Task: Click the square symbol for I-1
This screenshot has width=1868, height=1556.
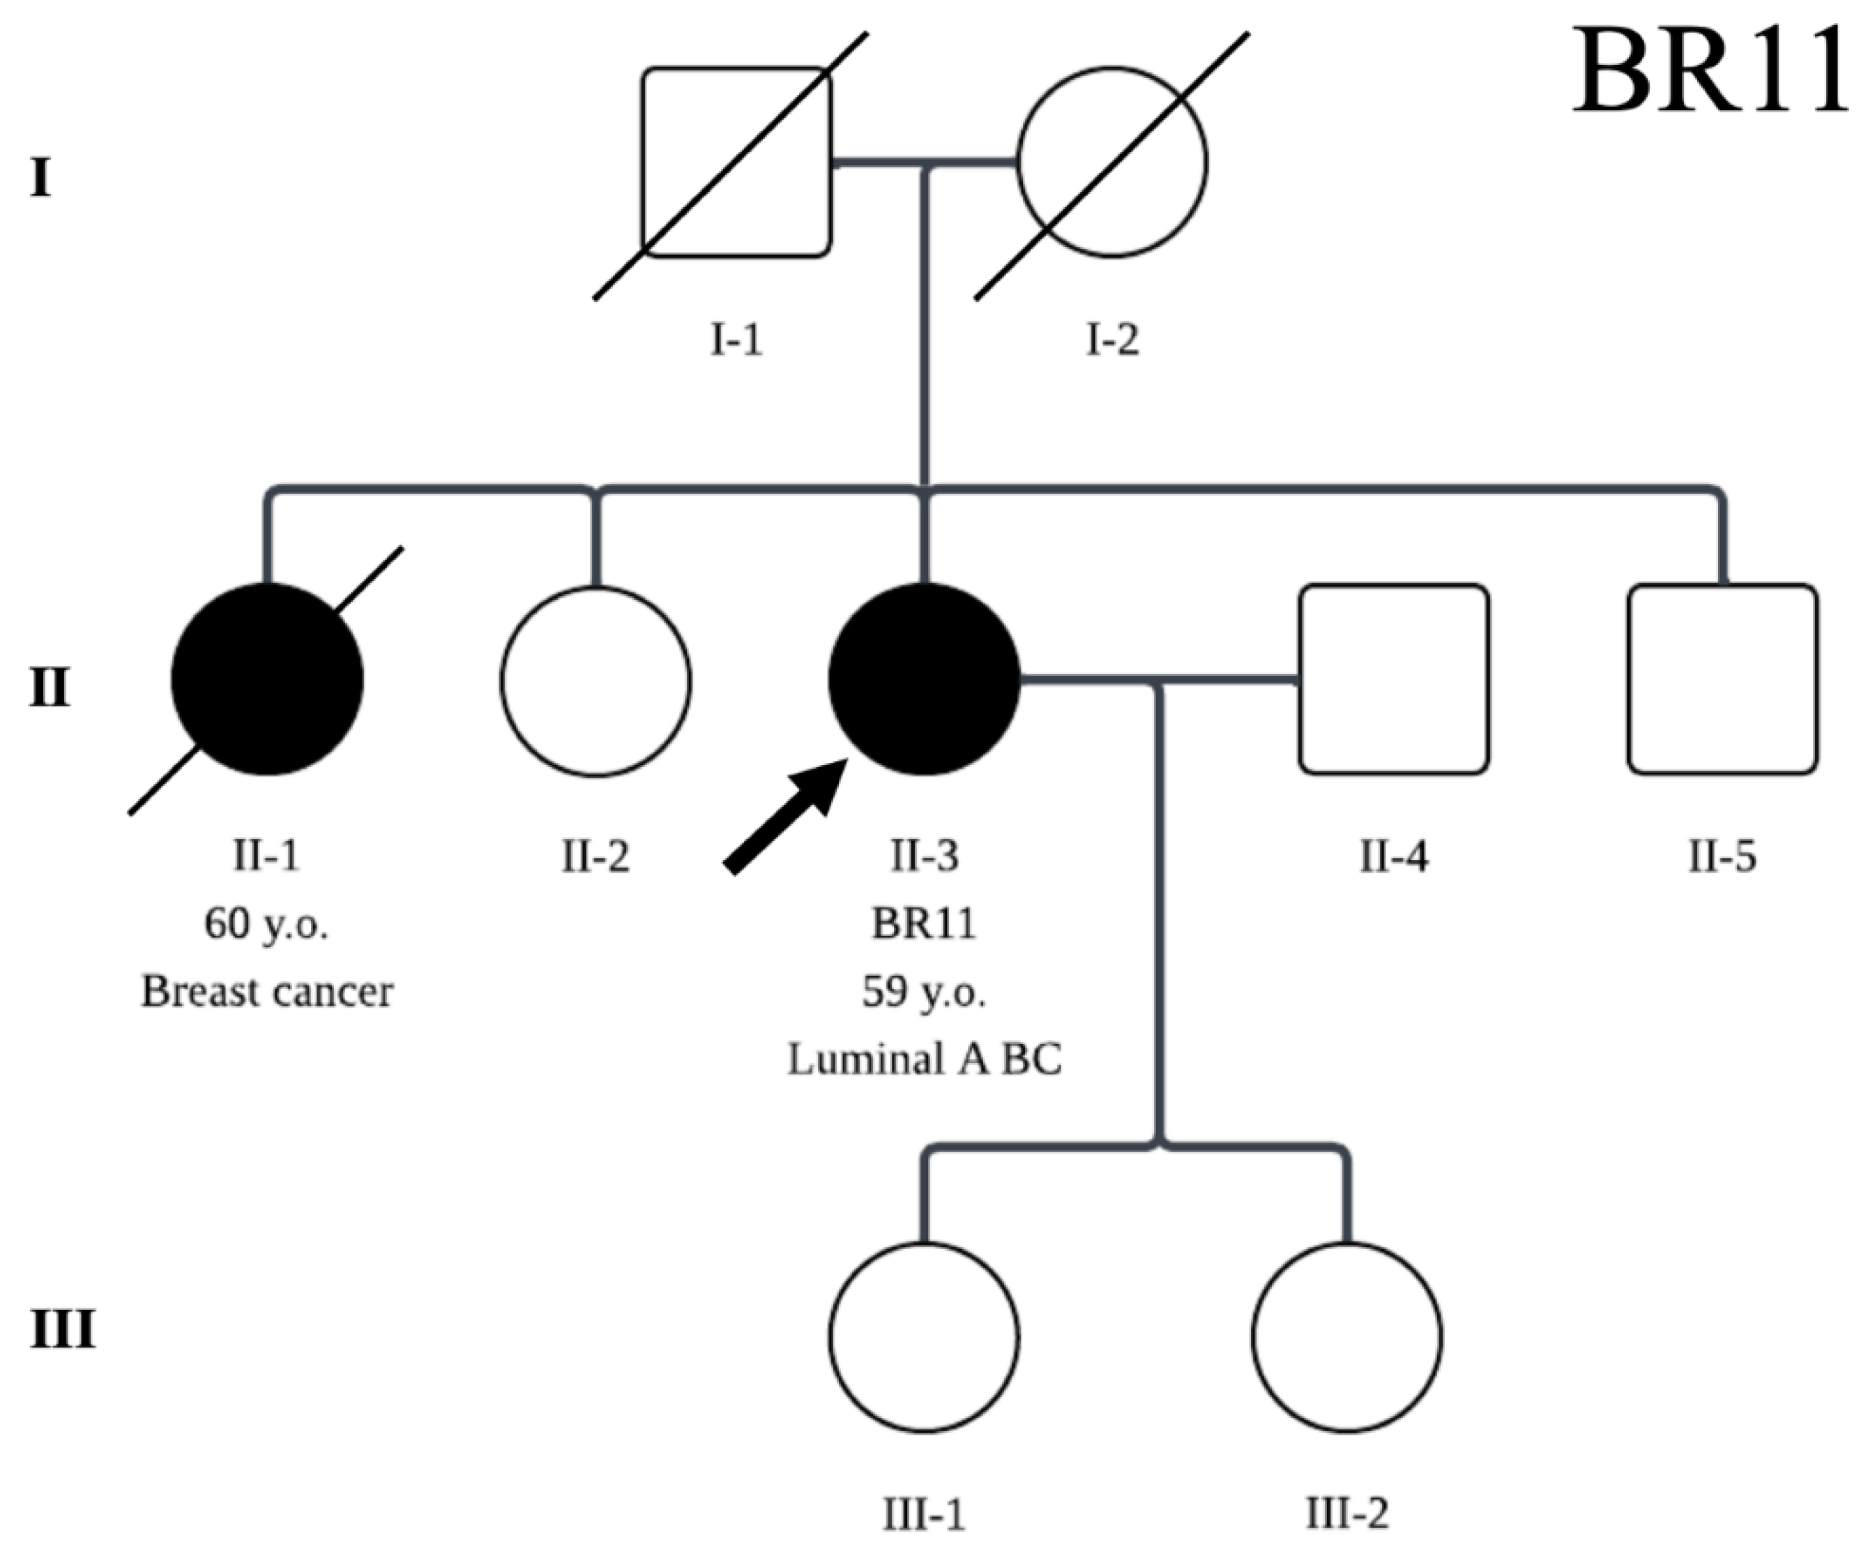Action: pos(736,163)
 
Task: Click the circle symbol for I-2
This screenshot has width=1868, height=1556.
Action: pos(1112,163)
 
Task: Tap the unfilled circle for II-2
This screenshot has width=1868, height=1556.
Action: pos(595,681)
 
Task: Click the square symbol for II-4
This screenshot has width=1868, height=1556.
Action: pos(1393,679)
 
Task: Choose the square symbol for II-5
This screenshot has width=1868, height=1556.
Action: pos(1722,679)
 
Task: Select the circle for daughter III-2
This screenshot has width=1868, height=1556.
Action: pos(1346,1336)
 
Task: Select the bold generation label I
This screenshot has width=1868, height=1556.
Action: pos(40,178)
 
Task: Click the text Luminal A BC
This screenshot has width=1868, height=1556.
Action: pos(924,1059)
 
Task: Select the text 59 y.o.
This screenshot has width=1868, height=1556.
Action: pos(924,991)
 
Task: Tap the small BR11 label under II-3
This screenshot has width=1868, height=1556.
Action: pos(924,923)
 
